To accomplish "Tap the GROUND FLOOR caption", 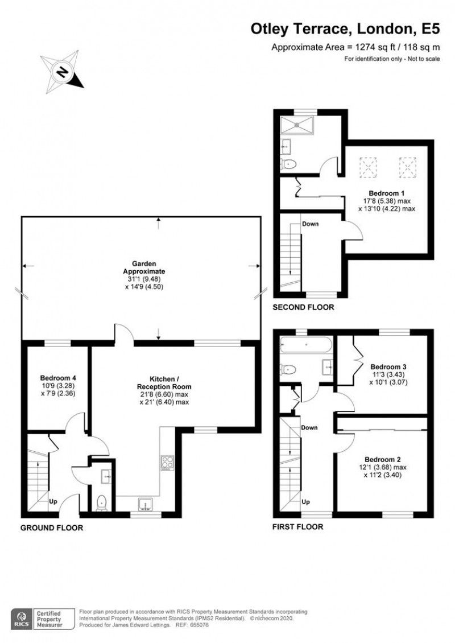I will tap(52, 527).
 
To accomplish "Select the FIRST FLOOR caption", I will tap(297, 526).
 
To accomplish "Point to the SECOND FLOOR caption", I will tap(303, 307).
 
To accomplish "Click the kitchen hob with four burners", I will tap(168, 463).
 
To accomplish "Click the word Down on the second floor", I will tap(310, 224).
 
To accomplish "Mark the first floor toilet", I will tap(289, 369).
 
